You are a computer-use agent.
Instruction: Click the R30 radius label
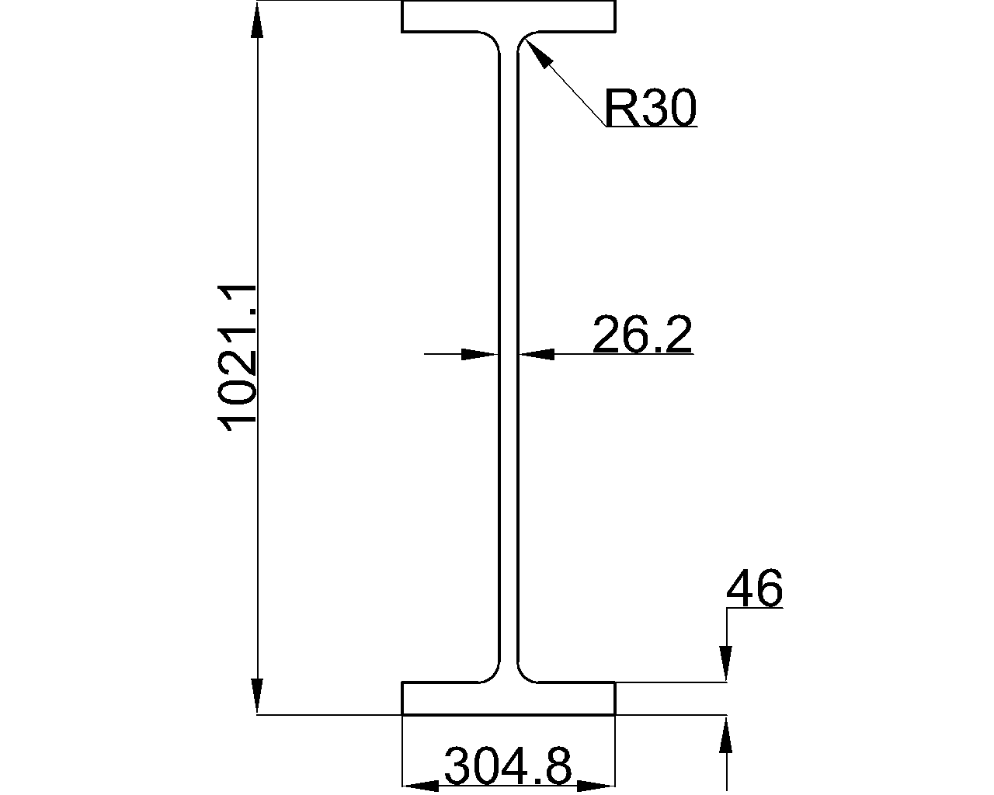(650, 108)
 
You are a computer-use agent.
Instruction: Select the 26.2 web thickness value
(642, 335)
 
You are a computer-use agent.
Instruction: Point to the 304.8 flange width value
(508, 767)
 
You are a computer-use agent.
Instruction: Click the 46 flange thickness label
(754, 589)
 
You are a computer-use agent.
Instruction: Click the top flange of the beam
(509, 16)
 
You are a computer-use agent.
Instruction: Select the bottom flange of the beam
(509, 698)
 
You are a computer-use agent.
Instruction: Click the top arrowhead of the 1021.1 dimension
(258, 20)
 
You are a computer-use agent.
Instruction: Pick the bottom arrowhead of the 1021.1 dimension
(258, 695)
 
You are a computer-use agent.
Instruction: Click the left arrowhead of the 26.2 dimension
(480, 355)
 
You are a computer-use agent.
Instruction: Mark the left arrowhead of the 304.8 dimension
(420, 786)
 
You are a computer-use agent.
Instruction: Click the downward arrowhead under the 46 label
(726, 665)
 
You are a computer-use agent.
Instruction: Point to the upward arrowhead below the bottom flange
(726, 734)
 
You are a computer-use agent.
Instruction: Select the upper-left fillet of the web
(492, 39)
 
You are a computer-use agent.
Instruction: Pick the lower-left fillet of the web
(492, 675)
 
